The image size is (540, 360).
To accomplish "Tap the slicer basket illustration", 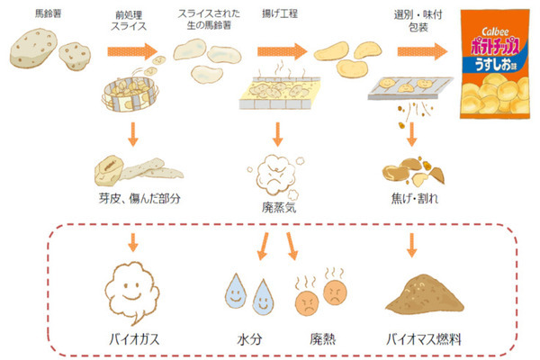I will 131,94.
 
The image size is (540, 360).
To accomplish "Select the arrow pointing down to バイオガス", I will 132,240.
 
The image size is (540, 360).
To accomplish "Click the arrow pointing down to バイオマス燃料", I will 413,240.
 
